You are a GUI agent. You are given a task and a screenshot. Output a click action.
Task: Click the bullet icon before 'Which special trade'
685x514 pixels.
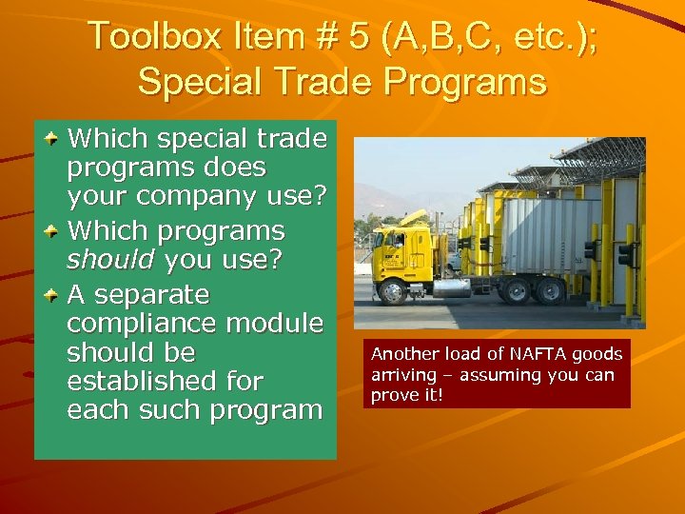pos(53,139)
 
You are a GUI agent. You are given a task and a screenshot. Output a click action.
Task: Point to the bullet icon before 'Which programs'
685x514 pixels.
pos(53,231)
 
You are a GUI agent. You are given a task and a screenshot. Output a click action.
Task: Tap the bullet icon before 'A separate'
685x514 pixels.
pos(53,293)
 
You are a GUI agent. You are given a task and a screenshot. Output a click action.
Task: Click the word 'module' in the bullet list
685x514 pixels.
pos(281,323)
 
